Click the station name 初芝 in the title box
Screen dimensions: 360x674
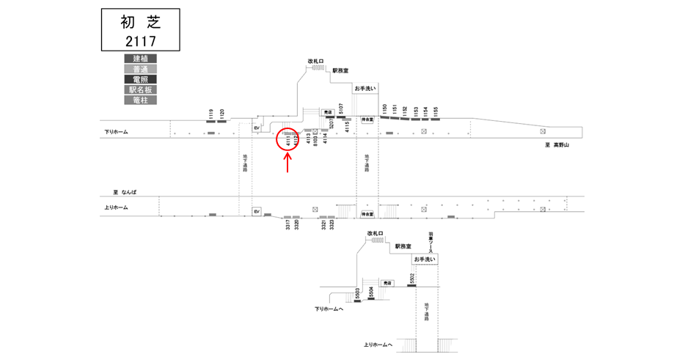(140, 21)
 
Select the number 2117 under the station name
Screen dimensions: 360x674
(140, 40)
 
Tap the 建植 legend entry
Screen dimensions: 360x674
(140, 59)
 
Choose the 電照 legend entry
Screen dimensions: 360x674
(140, 79)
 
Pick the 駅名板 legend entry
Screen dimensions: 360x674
(140, 89)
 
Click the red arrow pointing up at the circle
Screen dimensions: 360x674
(287, 163)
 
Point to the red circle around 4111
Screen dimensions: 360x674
(287, 139)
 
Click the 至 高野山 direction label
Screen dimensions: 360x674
(552, 145)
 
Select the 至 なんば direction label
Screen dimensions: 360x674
(125, 192)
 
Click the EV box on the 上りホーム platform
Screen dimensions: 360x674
(257, 211)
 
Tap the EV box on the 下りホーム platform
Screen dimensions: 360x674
(257, 128)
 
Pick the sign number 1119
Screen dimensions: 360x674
(210, 114)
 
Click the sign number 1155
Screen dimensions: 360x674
(436, 111)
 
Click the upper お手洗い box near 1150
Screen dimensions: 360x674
(365, 88)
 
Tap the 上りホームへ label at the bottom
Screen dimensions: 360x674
(378, 345)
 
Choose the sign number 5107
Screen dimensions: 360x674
(341, 109)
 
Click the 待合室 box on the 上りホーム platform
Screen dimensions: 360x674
(367, 214)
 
